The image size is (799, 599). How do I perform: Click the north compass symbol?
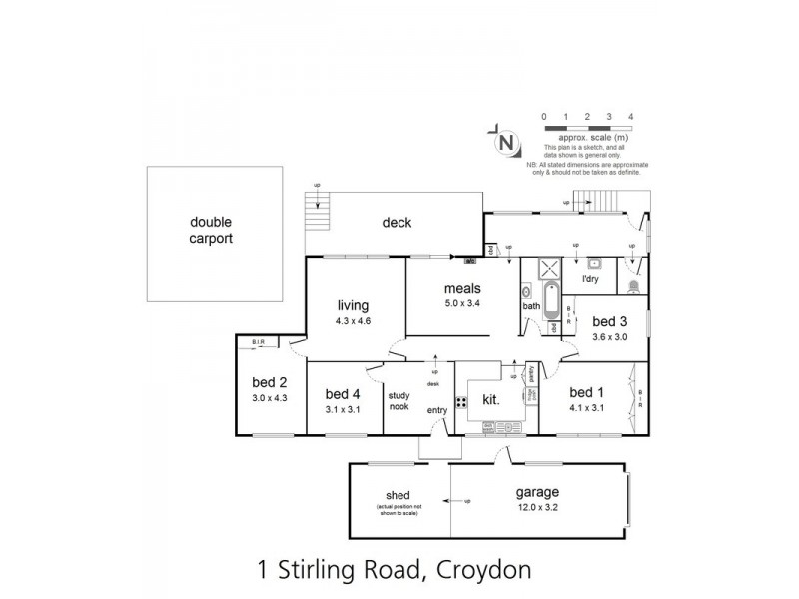(506, 142)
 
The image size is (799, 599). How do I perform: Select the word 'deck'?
(397, 223)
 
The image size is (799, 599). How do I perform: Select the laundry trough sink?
(594, 265)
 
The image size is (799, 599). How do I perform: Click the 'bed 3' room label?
(609, 321)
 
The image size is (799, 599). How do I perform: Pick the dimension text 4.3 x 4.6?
(354, 321)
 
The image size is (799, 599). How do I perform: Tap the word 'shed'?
(399, 495)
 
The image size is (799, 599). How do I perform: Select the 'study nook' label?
(399, 400)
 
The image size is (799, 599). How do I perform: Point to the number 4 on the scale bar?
(631, 117)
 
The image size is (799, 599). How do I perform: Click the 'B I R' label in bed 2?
(258, 341)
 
